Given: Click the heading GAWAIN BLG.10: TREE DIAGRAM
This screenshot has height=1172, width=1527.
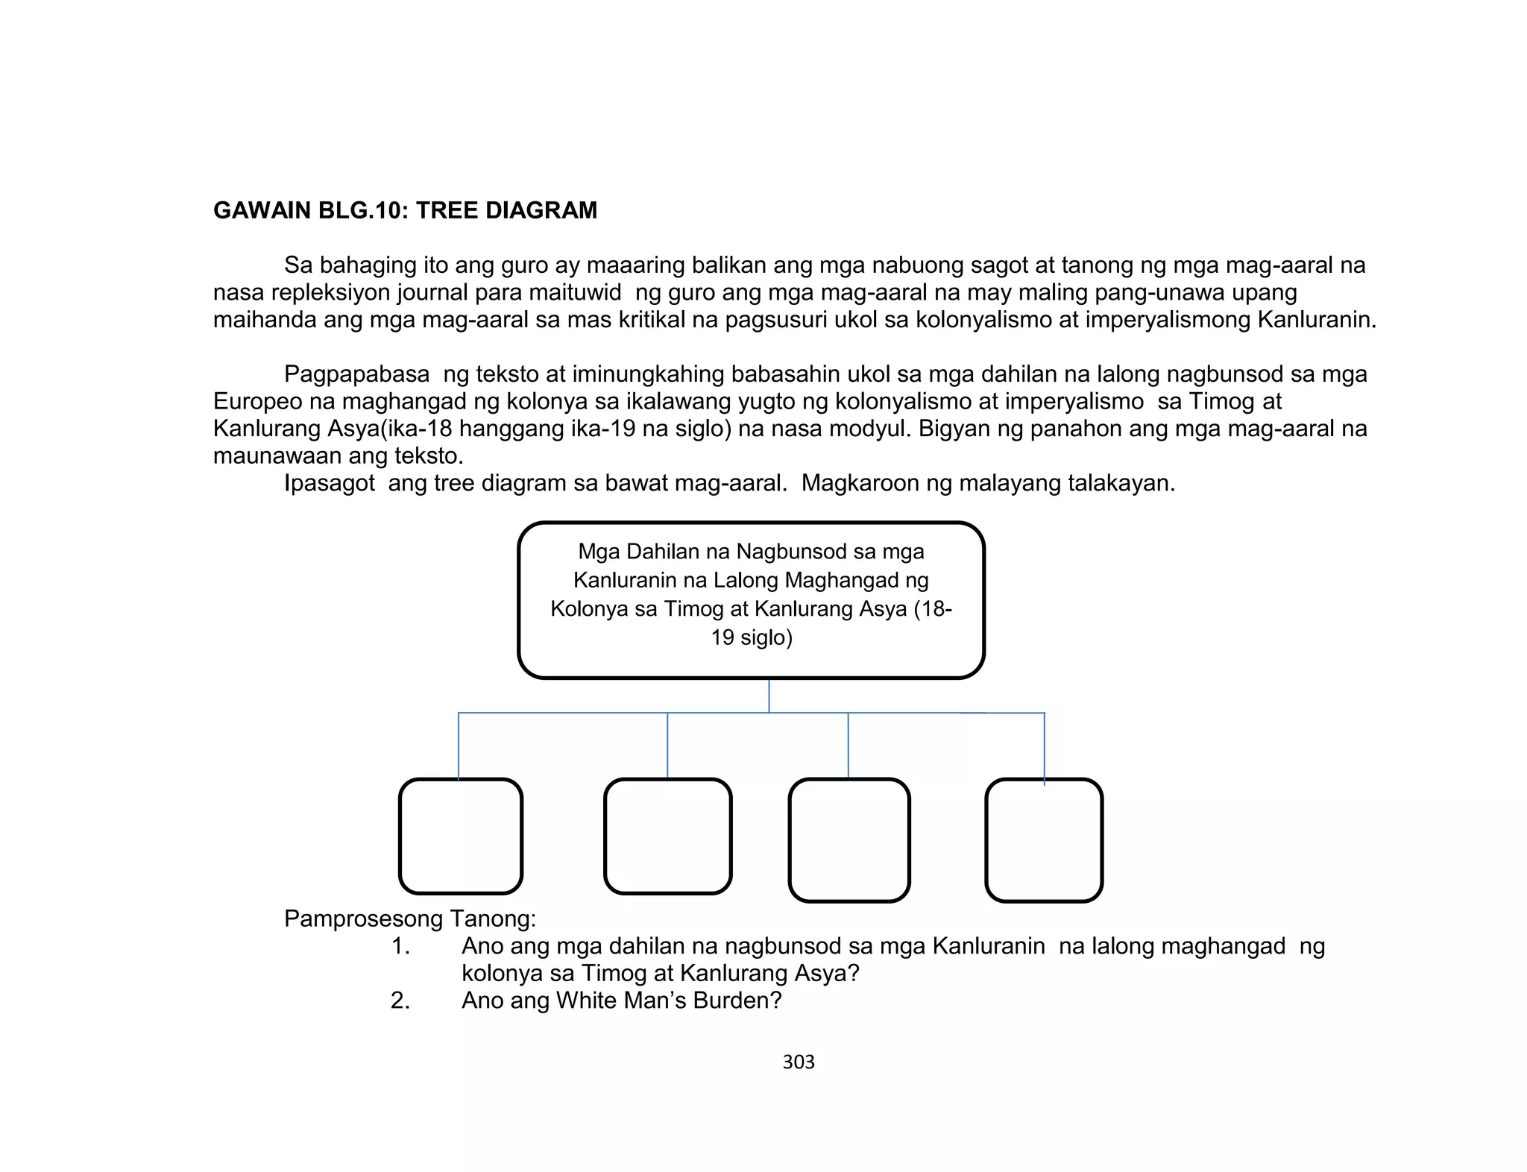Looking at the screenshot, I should [405, 210].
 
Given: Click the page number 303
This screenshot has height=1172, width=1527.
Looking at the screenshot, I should [799, 1062].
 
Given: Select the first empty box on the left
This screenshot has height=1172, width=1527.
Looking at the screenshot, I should [461, 836].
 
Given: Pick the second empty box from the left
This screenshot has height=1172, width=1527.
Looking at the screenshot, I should [667, 836].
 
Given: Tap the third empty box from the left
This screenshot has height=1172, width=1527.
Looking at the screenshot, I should [849, 839].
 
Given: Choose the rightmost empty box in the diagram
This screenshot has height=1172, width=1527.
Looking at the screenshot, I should [1044, 839].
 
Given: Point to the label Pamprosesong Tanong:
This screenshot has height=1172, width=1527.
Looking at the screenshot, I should [410, 919].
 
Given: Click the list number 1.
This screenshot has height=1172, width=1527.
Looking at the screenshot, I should [400, 946].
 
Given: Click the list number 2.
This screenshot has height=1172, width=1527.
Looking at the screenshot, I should [400, 1001].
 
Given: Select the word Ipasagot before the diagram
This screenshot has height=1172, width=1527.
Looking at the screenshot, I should [329, 484].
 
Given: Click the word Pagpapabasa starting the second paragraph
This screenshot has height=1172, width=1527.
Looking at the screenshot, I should [356, 374].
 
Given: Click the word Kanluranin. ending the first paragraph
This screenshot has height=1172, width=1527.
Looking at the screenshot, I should [1316, 320].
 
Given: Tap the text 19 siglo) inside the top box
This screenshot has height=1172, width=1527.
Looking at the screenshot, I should [752, 638].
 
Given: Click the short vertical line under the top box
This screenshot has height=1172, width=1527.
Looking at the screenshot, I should [769, 696].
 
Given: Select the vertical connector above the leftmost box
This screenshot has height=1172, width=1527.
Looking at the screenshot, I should [459, 746].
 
